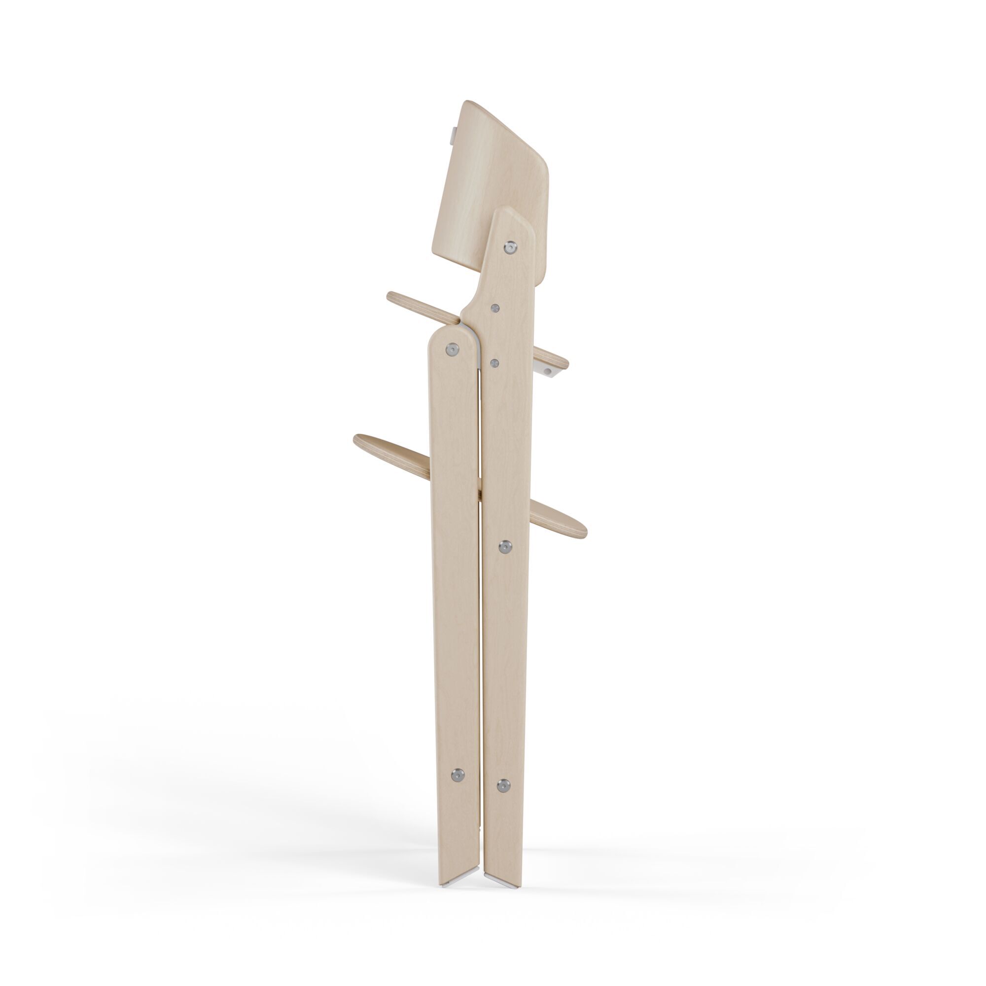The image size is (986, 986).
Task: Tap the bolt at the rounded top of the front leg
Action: point(452,349)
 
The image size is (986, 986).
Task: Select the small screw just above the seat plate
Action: point(494,308)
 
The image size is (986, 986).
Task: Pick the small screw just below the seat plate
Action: point(494,362)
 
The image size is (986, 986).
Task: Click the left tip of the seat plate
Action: point(392,296)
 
